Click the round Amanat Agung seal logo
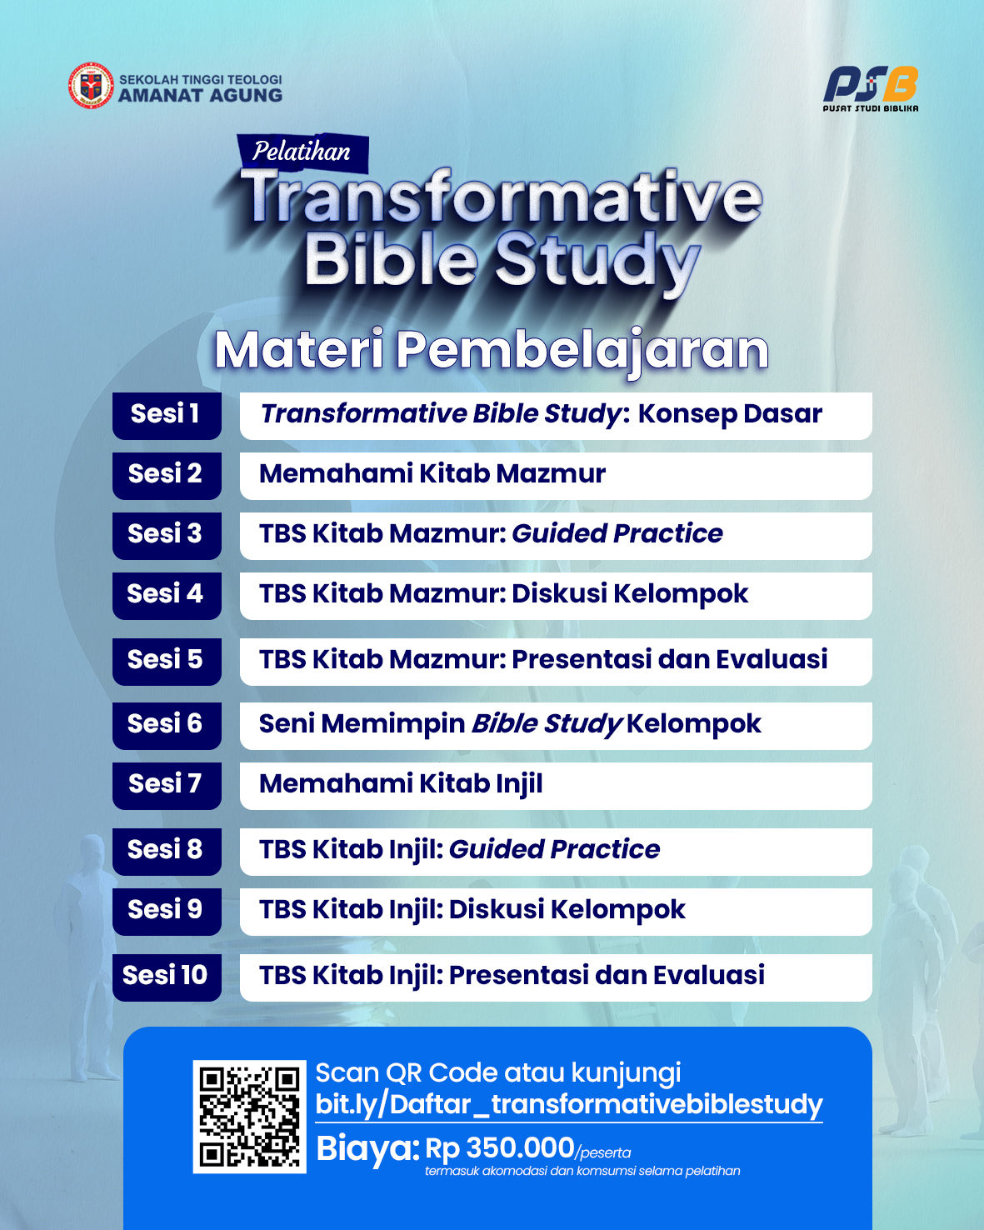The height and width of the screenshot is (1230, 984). (91, 85)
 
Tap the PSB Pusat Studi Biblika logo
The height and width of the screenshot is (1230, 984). (871, 88)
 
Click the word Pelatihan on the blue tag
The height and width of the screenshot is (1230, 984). (301, 152)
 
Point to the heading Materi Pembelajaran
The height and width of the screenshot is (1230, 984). (492, 349)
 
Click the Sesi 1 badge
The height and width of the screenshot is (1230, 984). (167, 416)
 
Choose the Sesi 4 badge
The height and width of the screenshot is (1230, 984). (167, 596)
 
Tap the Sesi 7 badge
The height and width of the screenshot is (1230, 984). (167, 785)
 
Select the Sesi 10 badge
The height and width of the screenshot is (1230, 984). (167, 977)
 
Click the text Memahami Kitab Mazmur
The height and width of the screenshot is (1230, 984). (432, 474)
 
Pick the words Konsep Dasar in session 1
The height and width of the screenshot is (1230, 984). (730, 413)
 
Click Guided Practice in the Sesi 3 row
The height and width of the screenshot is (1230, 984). (617, 533)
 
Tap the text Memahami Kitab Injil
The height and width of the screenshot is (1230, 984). (401, 783)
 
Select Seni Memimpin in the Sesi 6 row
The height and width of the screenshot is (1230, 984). (362, 723)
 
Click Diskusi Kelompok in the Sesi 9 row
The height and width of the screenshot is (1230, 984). (567, 909)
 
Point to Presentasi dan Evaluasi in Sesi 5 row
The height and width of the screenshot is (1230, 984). (670, 659)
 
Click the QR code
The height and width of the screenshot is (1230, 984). (249, 1117)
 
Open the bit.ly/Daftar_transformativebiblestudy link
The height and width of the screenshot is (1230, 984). (568, 1104)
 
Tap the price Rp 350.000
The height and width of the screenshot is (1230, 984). (499, 1147)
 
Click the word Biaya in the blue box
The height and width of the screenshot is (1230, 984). (368, 1148)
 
